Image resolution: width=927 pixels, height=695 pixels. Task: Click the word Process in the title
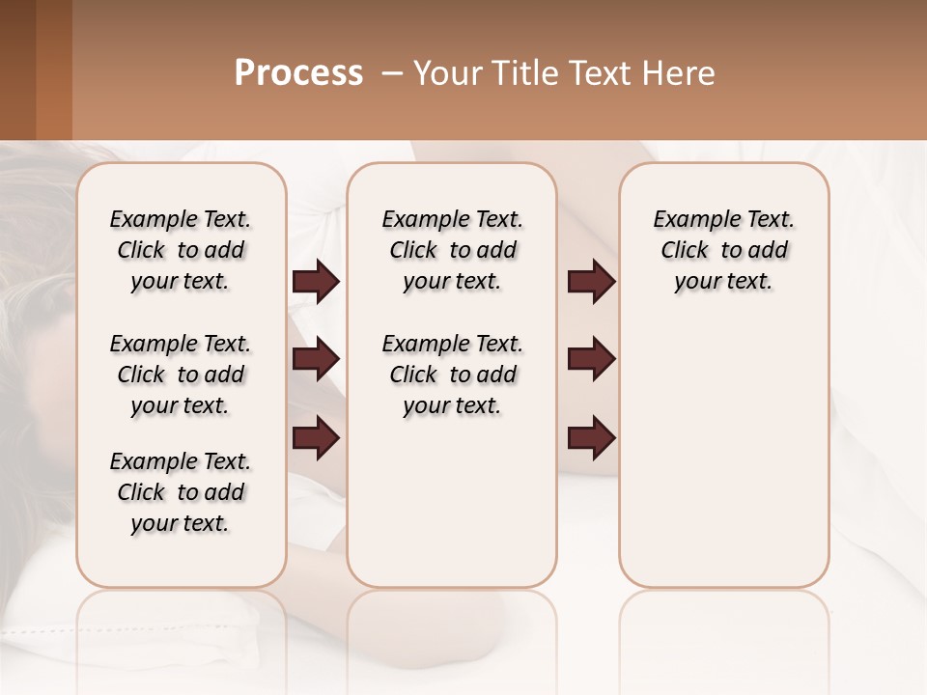point(298,73)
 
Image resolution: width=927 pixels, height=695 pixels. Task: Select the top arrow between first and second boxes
point(316,282)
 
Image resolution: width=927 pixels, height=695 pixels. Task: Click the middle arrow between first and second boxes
point(316,360)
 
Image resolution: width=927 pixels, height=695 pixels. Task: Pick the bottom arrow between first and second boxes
point(316,438)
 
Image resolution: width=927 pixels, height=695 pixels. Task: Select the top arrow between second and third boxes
point(591,282)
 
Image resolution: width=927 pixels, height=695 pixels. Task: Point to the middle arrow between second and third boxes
point(591,360)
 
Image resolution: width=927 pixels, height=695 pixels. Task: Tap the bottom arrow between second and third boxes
point(591,438)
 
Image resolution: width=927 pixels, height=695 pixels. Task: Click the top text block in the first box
point(181,250)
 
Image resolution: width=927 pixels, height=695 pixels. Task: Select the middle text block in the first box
point(181,375)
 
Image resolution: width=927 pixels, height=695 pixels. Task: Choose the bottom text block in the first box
point(181,492)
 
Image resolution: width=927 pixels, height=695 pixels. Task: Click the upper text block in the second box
point(452,250)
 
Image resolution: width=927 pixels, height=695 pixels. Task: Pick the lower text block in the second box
point(452,375)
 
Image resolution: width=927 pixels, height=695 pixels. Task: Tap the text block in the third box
point(723,250)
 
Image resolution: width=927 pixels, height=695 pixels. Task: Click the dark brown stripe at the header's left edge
point(17,69)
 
